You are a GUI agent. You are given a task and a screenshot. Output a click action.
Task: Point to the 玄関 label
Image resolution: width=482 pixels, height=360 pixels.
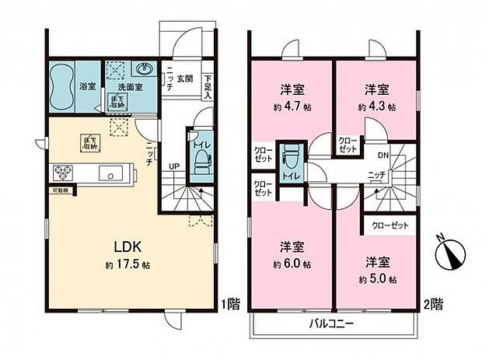tap(184, 78)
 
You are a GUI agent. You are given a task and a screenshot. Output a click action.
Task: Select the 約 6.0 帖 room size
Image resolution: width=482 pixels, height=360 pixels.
tap(292, 264)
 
